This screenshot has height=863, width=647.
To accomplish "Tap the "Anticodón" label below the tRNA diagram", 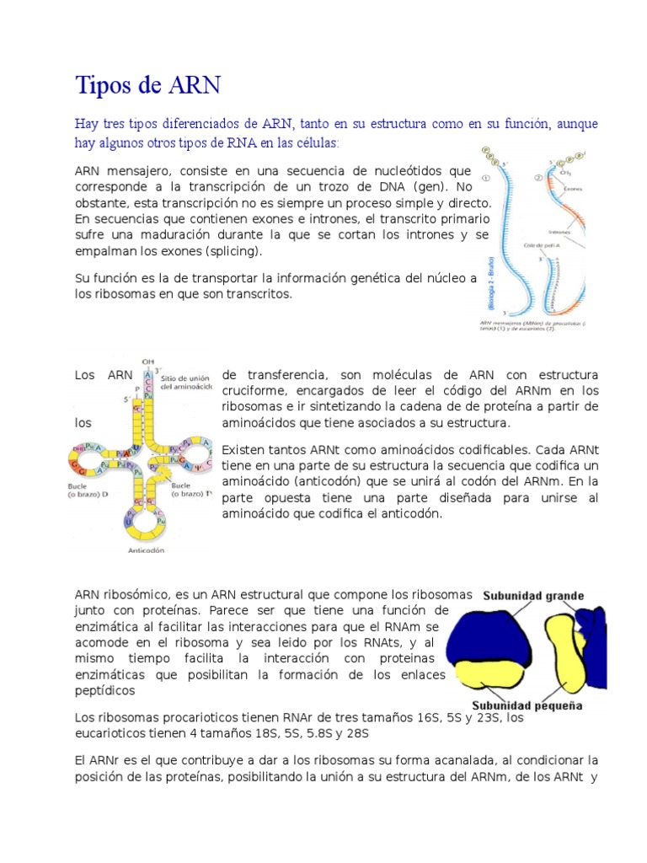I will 146,550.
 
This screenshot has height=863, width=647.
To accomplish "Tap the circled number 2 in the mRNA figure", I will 537,178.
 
